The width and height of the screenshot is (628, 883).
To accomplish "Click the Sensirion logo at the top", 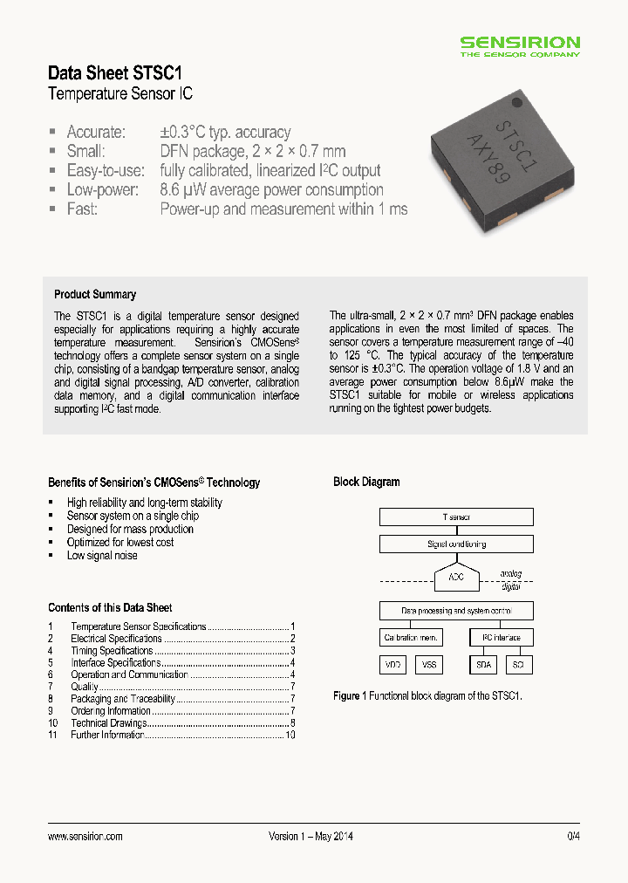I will (520, 45).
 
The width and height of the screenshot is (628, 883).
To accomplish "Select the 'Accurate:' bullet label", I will (96, 132).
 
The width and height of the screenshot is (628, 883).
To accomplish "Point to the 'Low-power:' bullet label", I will (102, 189).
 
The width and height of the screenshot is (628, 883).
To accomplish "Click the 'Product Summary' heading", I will (95, 294).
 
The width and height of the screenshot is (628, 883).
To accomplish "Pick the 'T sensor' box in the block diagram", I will (455, 517).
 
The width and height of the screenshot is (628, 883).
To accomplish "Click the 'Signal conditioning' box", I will (455, 544).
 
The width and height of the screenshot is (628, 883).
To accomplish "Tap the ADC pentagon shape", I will (455, 577).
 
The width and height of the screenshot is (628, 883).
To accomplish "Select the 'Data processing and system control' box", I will (455, 611).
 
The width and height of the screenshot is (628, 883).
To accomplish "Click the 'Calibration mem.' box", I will (411, 637).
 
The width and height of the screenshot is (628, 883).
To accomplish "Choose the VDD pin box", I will (392, 665).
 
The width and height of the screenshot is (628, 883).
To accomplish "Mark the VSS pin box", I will (428, 665).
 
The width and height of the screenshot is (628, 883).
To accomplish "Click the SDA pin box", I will (482, 665).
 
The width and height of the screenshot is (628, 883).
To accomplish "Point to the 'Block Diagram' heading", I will (366, 482).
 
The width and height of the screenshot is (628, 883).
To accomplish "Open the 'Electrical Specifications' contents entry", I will (116, 639).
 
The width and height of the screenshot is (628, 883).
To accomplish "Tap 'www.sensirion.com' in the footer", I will (85, 836).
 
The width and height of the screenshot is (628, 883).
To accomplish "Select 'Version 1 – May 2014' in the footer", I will (311, 836).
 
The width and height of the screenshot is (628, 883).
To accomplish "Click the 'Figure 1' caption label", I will (346, 695).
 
